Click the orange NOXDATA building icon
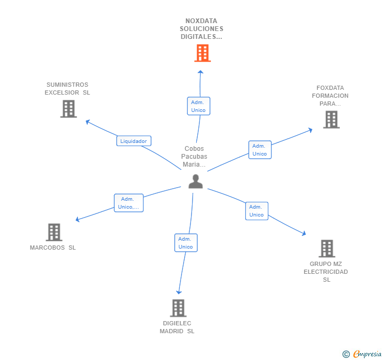(x=202, y=53)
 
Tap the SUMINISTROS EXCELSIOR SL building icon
(x=68, y=109)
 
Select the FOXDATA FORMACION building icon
(x=331, y=119)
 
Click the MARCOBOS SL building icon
(x=54, y=232)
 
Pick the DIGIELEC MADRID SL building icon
(x=178, y=308)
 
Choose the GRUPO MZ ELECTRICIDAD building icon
(x=327, y=249)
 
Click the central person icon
(x=196, y=181)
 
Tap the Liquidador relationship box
(x=134, y=141)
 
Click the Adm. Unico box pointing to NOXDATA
(x=198, y=106)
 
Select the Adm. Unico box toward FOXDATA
(x=259, y=150)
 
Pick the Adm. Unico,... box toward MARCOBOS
(x=128, y=203)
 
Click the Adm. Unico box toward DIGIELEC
(x=186, y=243)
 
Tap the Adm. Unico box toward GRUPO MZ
(x=257, y=211)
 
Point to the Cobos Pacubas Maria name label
(x=194, y=157)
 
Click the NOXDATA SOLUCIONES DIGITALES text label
(x=201, y=29)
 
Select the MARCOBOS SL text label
(x=53, y=248)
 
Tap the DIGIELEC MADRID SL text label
(x=177, y=327)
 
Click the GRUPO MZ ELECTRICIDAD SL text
(x=326, y=272)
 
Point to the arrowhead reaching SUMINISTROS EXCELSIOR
(x=87, y=121)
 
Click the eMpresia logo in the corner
(x=362, y=354)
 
